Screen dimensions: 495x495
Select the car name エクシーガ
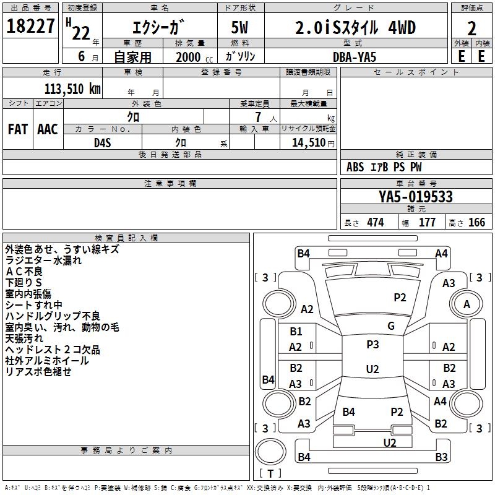coord(159,28)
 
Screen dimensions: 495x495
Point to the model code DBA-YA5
coord(354,56)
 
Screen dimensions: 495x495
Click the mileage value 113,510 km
coord(72,88)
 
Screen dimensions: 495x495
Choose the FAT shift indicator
coord(17,129)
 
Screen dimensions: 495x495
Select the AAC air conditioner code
coord(48,129)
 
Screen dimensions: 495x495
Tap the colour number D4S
coord(102,142)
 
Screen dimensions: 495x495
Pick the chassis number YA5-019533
coord(416,197)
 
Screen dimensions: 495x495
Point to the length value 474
coord(375,223)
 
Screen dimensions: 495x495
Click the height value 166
coord(476,223)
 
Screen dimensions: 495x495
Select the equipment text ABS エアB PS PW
coord(384,167)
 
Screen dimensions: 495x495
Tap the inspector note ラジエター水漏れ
coord(43,260)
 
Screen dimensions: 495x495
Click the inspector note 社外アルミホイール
coord(47,361)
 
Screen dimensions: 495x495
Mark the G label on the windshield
coord(391,326)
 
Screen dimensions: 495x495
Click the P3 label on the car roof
coord(372,345)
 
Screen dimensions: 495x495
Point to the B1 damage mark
coord(296,332)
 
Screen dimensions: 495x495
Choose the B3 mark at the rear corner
coord(441,457)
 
